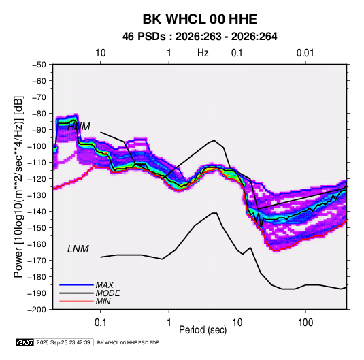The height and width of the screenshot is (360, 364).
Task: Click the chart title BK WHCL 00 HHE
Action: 199,19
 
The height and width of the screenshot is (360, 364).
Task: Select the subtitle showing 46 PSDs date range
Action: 199,37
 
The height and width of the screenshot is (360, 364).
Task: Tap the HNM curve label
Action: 79,127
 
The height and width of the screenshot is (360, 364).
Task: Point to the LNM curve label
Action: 78,249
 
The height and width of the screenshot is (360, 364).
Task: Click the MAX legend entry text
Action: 105,284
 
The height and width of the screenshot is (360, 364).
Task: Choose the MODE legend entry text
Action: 108,293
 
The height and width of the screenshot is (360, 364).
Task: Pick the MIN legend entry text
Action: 103,301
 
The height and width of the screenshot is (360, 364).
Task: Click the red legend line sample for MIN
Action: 76,301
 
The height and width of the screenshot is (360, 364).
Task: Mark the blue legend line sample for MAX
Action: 76,284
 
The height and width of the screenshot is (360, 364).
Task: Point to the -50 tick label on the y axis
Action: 39,65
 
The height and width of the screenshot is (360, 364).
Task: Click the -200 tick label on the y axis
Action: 37,310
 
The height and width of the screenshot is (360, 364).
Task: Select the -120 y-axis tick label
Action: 37,179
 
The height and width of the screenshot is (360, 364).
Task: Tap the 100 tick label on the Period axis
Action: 305,323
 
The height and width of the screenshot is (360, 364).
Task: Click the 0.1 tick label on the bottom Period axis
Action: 100,323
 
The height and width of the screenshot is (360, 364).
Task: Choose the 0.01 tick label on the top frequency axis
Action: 305,53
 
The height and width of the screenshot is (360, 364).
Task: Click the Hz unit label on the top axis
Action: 203,53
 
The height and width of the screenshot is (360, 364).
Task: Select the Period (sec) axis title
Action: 203,330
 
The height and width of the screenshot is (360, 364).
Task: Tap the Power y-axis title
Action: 19,187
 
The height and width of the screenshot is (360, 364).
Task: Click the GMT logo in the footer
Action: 25,342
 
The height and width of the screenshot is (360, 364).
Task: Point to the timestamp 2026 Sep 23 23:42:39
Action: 63,342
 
